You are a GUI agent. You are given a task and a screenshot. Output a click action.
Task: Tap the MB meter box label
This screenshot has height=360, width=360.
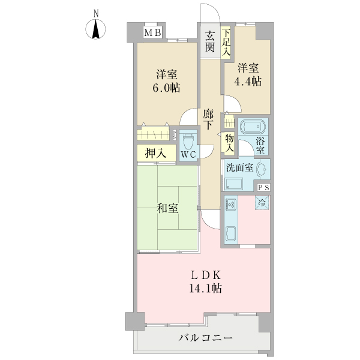[152, 32]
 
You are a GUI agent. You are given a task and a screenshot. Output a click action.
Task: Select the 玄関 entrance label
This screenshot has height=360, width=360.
[209, 41]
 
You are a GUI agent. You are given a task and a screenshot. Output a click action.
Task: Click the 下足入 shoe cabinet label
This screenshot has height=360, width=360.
[227, 43]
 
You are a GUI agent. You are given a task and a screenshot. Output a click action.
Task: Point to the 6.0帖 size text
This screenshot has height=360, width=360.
[166, 88]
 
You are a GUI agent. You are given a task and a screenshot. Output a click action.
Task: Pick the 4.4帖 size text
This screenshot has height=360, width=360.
[248, 80]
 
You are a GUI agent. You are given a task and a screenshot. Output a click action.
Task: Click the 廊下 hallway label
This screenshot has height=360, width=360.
[208, 119]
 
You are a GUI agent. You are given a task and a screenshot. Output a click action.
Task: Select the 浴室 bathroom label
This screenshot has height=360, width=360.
[262, 146]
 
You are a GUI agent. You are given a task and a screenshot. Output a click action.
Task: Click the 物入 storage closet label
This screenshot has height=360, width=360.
[229, 143]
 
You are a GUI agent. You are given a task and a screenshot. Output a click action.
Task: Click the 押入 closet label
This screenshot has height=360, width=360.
[155, 154]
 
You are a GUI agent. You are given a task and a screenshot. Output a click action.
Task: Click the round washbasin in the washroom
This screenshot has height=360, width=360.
[262, 171]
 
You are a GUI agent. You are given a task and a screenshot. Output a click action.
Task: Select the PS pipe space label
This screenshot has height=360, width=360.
[263, 187]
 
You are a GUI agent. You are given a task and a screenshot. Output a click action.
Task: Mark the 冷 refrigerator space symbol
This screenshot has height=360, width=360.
[262, 203]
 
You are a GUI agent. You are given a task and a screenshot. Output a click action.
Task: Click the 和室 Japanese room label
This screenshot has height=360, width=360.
[167, 208]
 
